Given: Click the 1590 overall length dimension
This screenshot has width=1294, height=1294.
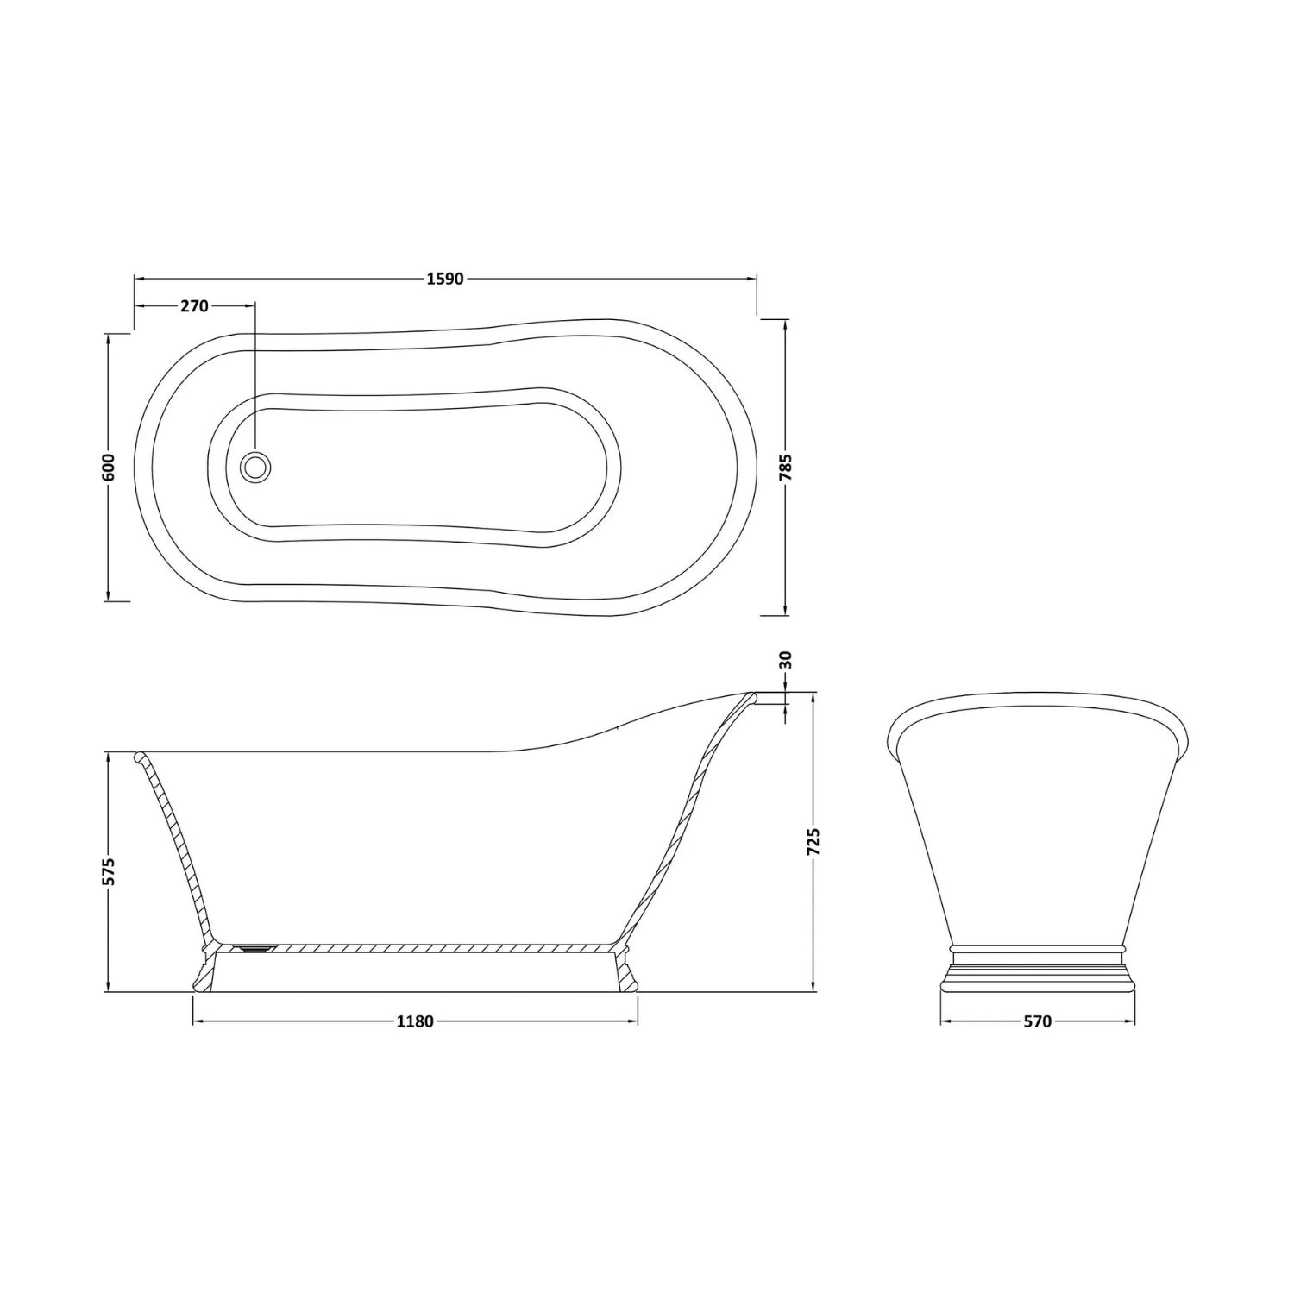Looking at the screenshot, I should click(x=445, y=279).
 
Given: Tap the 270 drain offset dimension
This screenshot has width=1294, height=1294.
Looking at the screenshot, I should click(x=195, y=306).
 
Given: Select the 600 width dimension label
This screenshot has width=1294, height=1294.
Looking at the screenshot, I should click(x=107, y=468).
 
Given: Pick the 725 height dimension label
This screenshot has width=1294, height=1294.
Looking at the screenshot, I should click(x=814, y=842).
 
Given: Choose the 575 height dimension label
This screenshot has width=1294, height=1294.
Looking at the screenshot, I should click(x=108, y=871).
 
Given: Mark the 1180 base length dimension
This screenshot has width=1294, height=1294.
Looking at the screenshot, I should click(x=414, y=1021).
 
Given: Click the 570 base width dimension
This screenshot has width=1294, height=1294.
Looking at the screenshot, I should click(x=1037, y=1021).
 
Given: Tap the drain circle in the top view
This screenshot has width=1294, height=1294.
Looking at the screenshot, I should click(x=255, y=467).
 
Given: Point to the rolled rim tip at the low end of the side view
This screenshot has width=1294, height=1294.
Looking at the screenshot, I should click(x=138, y=757).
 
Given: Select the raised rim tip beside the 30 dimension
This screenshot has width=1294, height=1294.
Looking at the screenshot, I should click(x=752, y=695).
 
